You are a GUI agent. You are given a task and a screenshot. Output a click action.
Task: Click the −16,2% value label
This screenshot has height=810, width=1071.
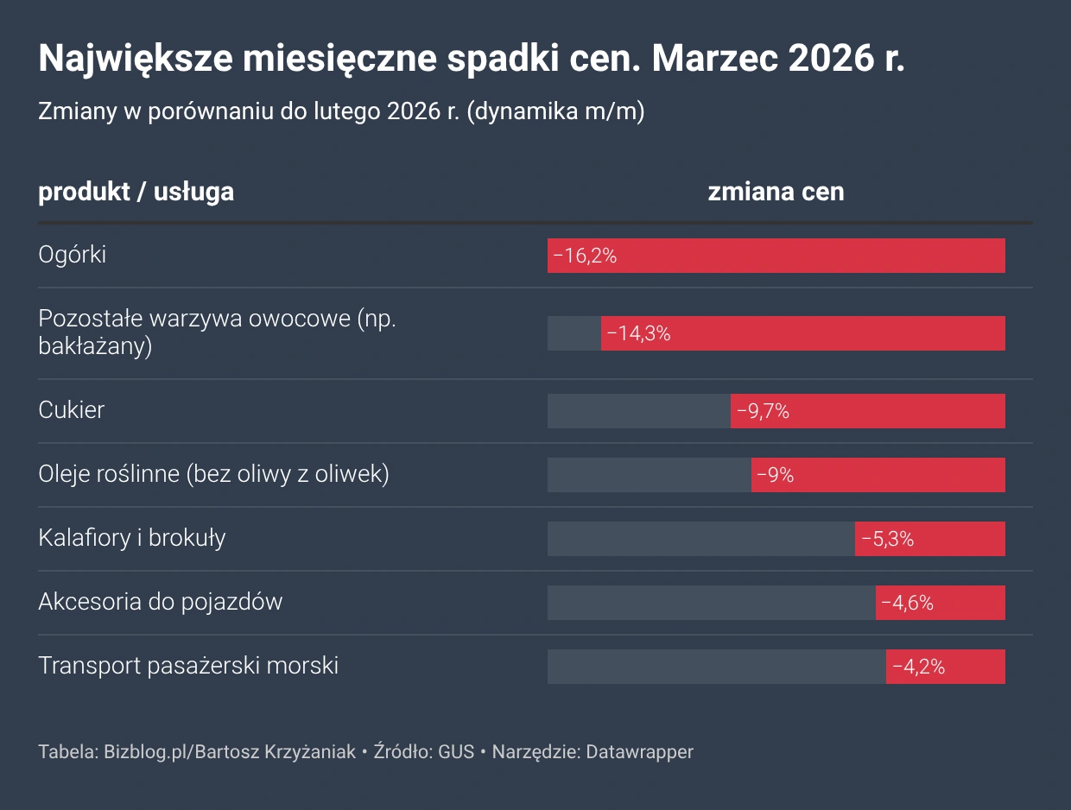[585, 256]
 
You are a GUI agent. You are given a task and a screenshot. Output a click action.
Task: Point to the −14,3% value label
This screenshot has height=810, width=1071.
[638, 333]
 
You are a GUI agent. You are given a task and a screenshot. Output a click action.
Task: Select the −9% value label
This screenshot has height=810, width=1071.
[775, 475]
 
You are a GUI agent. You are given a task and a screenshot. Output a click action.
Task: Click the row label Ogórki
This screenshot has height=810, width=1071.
[73, 255]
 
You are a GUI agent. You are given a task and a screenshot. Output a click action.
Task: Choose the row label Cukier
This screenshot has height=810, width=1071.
[72, 409]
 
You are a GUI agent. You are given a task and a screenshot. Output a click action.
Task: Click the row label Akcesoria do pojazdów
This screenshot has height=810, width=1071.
[161, 601]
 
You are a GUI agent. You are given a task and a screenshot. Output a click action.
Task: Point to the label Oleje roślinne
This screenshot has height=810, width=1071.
[108, 473]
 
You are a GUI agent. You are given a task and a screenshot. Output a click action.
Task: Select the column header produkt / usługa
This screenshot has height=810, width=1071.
[136, 192]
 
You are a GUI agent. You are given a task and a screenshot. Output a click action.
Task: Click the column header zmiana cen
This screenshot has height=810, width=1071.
[776, 192]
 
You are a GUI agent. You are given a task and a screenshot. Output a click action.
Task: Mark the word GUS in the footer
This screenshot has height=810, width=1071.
[456, 751]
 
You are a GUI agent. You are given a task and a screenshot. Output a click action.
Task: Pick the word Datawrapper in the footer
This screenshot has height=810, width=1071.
[639, 751]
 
